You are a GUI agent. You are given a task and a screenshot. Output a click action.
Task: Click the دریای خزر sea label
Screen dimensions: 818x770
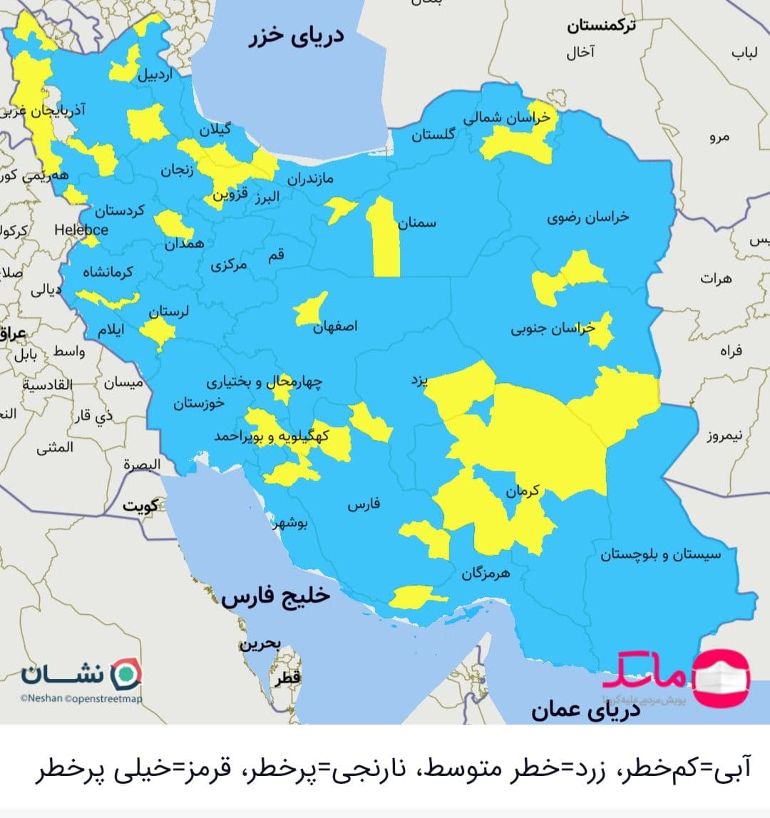pos(297,36)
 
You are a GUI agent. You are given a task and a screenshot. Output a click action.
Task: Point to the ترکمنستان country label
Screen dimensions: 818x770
pos(602,26)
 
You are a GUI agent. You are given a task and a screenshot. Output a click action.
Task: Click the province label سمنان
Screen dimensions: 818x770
pos(417,223)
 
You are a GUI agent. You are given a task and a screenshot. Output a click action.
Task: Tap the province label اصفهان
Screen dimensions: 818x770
pos(336,326)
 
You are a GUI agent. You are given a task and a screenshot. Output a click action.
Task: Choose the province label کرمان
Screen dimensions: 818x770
pos(523,491)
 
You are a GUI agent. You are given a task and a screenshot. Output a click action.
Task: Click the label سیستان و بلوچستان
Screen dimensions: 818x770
pos(660,554)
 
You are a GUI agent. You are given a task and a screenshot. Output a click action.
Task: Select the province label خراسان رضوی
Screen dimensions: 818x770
pos(588,217)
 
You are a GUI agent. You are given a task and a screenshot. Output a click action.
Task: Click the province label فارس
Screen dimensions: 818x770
pos(364,505)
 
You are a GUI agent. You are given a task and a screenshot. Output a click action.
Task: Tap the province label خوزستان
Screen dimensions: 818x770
pos(199,403)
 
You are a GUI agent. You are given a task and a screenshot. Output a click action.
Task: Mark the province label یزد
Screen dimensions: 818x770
pos(419,379)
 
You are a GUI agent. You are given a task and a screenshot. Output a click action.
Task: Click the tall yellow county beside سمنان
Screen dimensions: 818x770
pos(383,237)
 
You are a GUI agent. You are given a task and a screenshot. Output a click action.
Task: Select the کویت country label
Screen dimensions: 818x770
pos(140,506)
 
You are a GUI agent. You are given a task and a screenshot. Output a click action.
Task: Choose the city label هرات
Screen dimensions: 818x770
pos(716,279)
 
